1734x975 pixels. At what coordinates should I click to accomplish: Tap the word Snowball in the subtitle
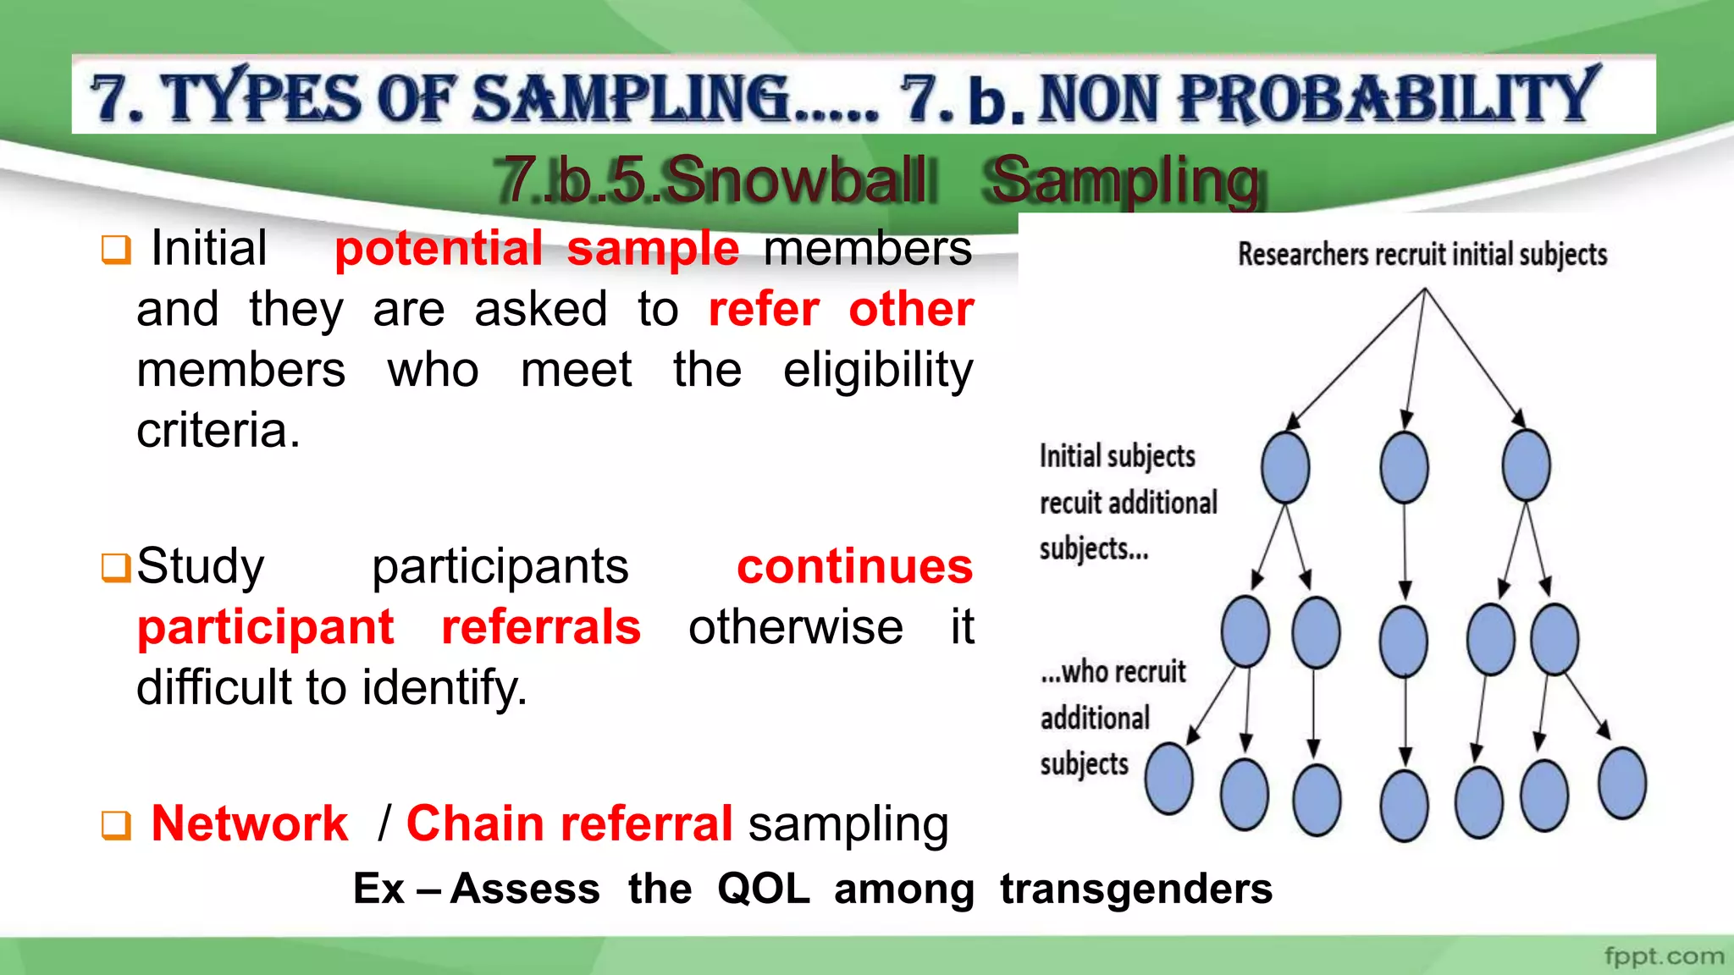tap(795, 179)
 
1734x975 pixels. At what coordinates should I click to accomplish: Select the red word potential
tap(439, 249)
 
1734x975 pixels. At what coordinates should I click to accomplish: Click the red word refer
tap(764, 309)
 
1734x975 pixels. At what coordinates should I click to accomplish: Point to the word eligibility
tap(878, 371)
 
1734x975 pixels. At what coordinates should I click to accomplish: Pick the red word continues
tap(854, 566)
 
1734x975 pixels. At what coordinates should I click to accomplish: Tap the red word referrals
tap(541, 627)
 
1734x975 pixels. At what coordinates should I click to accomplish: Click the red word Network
tap(250, 824)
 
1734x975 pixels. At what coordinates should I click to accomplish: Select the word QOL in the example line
tap(763, 889)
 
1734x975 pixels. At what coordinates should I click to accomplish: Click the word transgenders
tap(1135, 889)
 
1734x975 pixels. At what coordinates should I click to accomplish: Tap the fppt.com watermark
tap(1664, 956)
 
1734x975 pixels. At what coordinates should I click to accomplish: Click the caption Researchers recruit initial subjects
tap(1422, 254)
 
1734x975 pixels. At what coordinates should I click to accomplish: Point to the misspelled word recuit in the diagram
tap(1071, 503)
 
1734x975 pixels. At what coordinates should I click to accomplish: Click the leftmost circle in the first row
tap(1284, 467)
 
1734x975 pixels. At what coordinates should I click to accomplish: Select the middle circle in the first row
tap(1404, 467)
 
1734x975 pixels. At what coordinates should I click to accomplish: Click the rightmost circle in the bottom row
tap(1621, 783)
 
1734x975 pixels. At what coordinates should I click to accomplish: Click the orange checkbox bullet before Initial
tap(116, 250)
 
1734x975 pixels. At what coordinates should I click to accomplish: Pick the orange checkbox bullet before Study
tap(116, 568)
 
